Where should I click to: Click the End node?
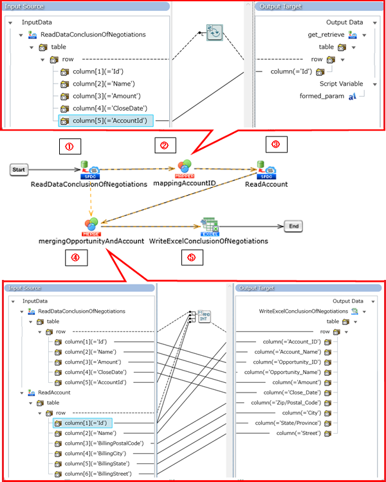(x=293, y=226)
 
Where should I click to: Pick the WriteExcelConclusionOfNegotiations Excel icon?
(x=208, y=226)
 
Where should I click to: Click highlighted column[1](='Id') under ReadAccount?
(x=87, y=423)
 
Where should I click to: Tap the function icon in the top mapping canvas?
(x=214, y=32)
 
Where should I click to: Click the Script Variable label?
(x=341, y=84)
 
